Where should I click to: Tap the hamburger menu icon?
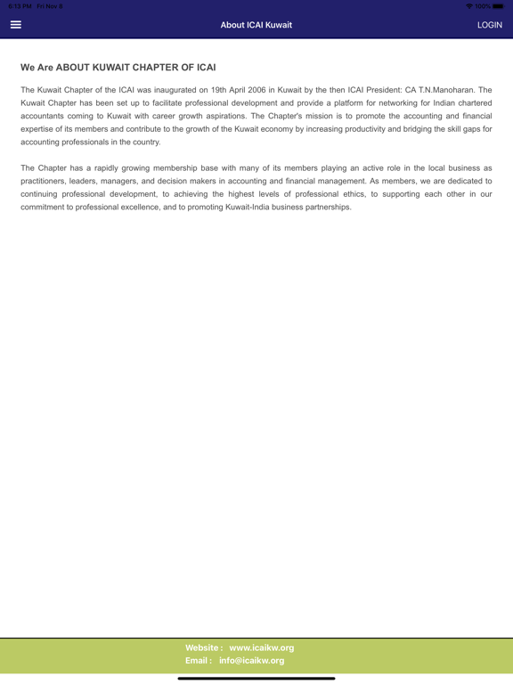point(15,25)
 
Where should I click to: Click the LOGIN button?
point(489,25)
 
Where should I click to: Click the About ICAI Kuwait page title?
point(256,25)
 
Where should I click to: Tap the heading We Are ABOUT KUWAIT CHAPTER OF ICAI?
point(118,68)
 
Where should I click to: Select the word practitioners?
point(45,181)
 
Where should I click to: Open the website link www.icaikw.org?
point(262,647)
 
